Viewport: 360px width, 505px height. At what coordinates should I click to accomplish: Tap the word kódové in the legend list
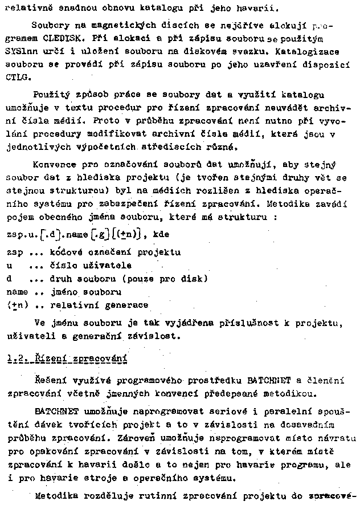point(69,251)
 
